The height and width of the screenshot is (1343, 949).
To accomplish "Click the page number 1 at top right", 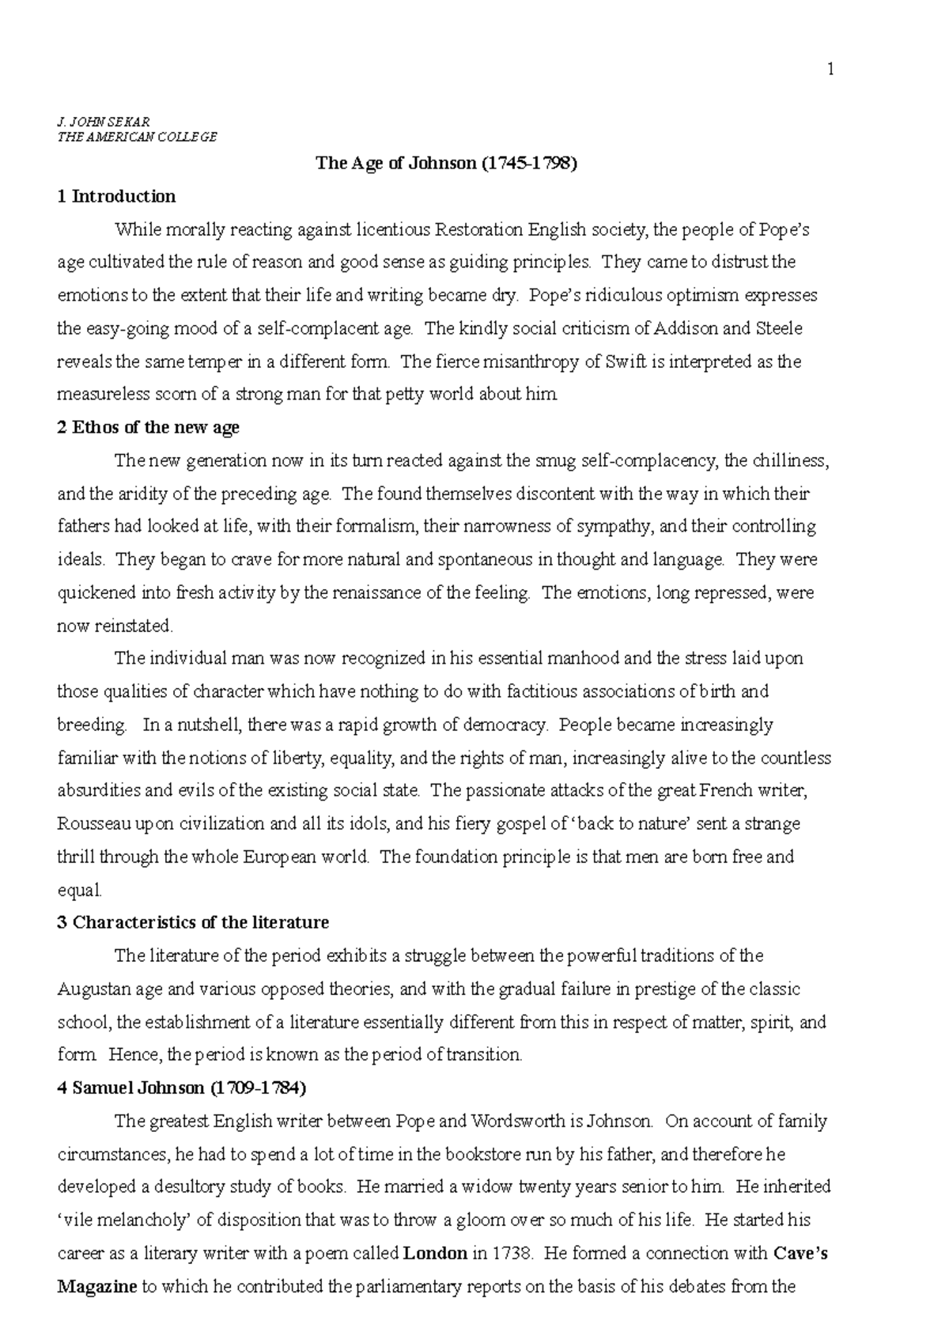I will [x=830, y=70].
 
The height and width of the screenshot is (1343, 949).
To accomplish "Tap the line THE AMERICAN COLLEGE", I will [x=137, y=136].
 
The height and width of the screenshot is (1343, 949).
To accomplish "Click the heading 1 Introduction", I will [x=116, y=196].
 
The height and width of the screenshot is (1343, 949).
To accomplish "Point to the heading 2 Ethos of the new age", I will [x=148, y=428].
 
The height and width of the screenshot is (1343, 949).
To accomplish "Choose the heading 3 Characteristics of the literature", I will [x=193, y=922].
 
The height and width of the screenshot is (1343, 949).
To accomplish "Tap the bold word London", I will [x=434, y=1254].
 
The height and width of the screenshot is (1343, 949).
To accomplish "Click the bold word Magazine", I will [x=97, y=1287].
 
